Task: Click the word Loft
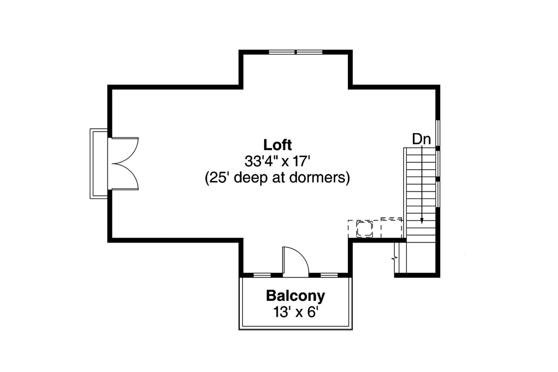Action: pyautogui.click(x=278, y=144)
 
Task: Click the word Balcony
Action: pyautogui.click(x=295, y=295)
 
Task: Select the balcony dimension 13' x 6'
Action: pyautogui.click(x=295, y=312)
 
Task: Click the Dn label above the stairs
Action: pyautogui.click(x=421, y=139)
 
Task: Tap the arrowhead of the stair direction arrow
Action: pyautogui.click(x=422, y=222)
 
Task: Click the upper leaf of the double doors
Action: pyautogui.click(x=125, y=150)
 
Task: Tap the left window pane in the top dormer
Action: pyautogui.click(x=282, y=52)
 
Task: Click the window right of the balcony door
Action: pyautogui.click(x=329, y=275)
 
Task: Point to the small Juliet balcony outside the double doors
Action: pyautogui.click(x=98, y=164)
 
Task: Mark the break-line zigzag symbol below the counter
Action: pyautogui.click(x=395, y=257)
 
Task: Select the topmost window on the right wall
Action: pyautogui.click(x=438, y=133)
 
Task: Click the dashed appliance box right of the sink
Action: pyautogui.click(x=391, y=227)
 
